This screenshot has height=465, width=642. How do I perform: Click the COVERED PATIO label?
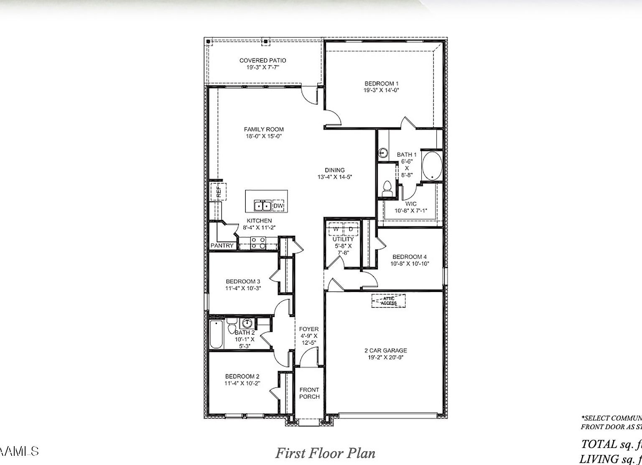coord(262,61)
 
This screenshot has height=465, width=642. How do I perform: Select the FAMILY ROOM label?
coord(264,129)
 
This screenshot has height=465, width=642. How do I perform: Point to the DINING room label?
coord(335,170)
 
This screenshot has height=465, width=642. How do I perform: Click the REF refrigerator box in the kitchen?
coord(218,192)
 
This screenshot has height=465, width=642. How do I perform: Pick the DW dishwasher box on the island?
coord(278,206)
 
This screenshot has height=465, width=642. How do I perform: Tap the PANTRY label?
coord(222,246)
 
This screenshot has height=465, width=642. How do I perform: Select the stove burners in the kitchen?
coord(258,243)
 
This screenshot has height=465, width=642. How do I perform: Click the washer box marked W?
coord(336,229)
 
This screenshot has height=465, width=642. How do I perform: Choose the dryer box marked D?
coord(351,229)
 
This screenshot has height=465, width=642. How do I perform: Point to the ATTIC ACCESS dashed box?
coord(388,301)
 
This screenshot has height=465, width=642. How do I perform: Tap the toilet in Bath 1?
coord(387,188)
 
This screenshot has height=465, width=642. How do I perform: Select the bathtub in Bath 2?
coord(217,334)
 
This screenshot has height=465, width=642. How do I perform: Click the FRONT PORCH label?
coord(309,393)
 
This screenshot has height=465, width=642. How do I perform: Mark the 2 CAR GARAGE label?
coord(385,351)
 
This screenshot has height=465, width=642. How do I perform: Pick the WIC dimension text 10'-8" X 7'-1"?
coord(411,211)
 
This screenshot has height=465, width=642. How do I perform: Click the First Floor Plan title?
coord(325,453)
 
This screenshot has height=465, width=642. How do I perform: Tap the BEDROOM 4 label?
coord(410,257)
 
